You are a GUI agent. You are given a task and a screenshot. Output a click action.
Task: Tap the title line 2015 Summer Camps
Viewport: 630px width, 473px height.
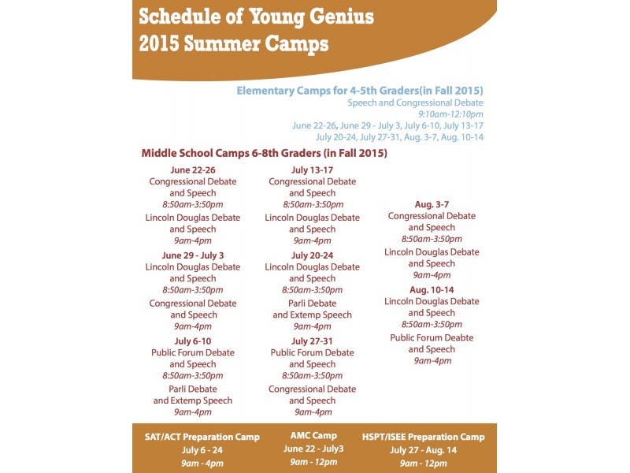tap(233, 44)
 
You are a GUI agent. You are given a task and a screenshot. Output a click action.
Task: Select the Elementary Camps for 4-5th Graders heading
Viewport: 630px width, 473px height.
tap(360, 91)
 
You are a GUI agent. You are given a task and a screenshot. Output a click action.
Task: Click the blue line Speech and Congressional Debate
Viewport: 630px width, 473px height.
tap(415, 102)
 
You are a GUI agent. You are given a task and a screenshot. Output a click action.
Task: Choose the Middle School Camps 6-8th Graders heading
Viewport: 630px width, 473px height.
tap(264, 153)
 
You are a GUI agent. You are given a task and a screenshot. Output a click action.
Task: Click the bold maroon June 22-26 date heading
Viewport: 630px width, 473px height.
tap(193, 169)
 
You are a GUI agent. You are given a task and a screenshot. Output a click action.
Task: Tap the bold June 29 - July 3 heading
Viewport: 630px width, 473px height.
tap(193, 255)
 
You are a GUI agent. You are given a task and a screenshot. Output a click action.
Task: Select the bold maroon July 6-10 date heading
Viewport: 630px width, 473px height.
tap(193, 341)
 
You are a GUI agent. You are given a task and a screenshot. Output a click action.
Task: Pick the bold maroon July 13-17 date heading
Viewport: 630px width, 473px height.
tap(313, 169)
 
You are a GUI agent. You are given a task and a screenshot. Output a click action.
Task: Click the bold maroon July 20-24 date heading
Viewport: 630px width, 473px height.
tap(313, 255)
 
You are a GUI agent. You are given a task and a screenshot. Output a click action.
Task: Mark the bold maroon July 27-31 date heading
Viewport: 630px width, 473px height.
tap(313, 341)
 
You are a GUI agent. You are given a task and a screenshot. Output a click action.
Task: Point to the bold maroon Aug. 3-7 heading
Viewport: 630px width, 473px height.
tap(432, 204)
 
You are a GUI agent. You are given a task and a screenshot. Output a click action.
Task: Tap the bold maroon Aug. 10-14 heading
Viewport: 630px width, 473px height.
tap(432, 290)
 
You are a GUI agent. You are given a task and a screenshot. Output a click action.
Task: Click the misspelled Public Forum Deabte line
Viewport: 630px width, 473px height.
tap(432, 337)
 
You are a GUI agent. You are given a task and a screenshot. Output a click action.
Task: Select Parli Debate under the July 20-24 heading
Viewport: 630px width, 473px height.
tap(313, 304)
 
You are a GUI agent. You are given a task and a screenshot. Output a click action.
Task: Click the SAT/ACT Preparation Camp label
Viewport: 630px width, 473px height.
tap(202, 436)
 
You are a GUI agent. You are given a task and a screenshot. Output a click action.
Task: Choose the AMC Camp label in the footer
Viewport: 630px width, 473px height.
tap(313, 435)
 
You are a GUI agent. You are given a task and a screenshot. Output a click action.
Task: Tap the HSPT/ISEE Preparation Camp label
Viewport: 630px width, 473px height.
tap(424, 436)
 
